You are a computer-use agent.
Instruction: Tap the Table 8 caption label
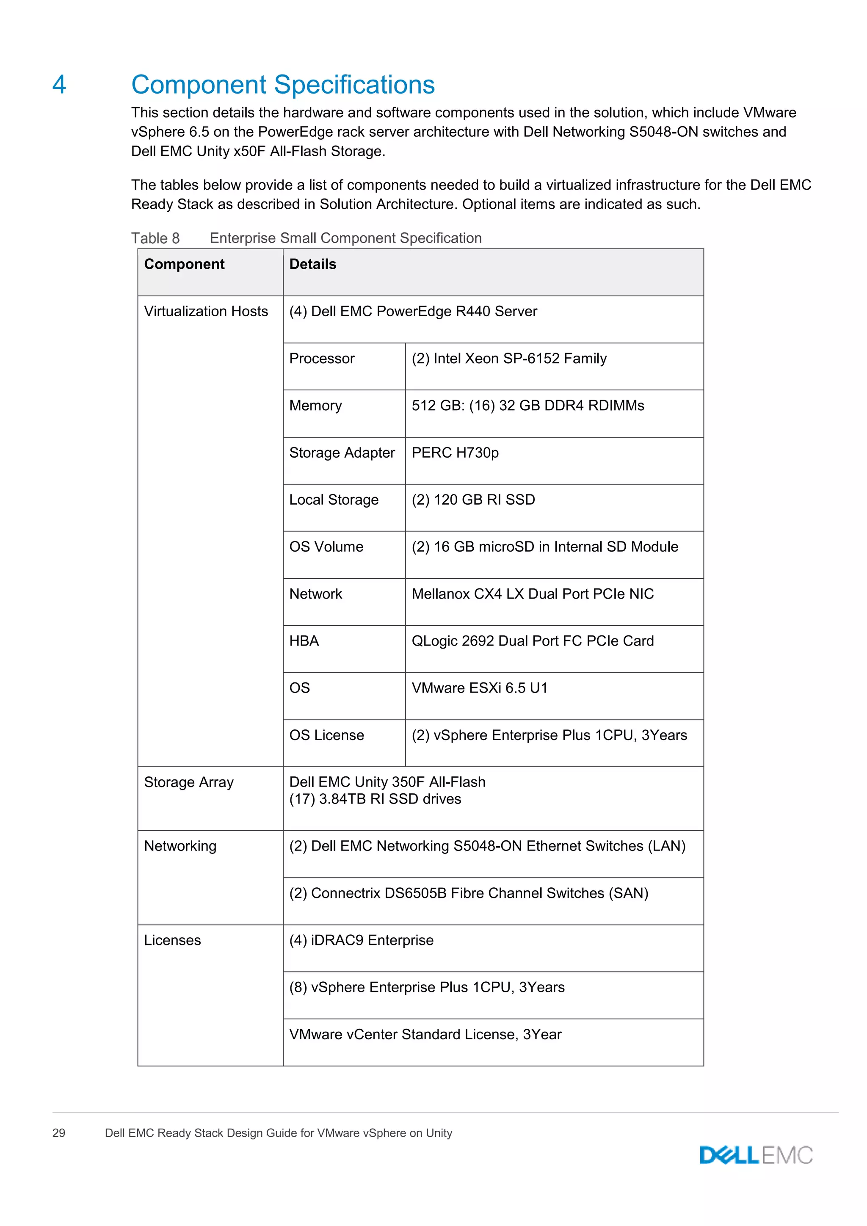click(x=155, y=238)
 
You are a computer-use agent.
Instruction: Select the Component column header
click(x=184, y=264)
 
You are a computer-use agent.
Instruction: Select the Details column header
click(x=313, y=264)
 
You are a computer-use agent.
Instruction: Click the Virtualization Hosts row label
click(x=206, y=311)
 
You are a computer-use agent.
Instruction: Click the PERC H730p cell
click(x=455, y=453)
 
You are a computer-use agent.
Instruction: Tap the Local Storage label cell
click(x=334, y=500)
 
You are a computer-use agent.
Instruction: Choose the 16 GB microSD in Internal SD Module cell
click(x=544, y=547)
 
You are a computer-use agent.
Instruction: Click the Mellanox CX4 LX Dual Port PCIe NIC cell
click(x=532, y=594)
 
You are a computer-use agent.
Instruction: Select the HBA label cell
click(x=304, y=641)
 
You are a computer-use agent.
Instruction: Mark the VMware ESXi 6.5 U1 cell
click(x=479, y=688)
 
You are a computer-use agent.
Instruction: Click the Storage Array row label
click(x=189, y=782)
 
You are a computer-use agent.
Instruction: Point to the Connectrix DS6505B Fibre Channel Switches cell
click(x=469, y=893)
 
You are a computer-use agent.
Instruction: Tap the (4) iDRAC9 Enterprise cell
click(x=362, y=940)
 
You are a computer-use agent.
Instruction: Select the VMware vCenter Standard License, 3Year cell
click(x=425, y=1034)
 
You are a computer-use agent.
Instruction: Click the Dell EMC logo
click(x=756, y=1155)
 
